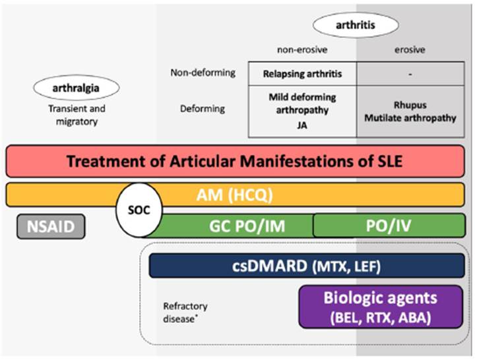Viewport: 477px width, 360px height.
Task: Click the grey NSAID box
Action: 55,227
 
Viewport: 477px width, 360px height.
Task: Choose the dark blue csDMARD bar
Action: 307,266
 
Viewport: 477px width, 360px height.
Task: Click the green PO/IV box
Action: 388,225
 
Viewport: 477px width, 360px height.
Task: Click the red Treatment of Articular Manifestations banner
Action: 236,161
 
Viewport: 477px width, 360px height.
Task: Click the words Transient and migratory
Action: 77,114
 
